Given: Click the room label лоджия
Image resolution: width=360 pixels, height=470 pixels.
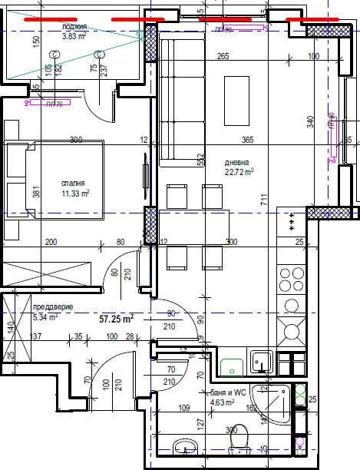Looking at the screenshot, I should [x=74, y=26].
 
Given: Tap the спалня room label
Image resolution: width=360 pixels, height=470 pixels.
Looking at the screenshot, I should [x=76, y=184].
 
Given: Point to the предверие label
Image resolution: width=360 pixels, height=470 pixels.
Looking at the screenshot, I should [x=53, y=306].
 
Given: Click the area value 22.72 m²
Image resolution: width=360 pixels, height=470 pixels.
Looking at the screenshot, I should [x=239, y=173].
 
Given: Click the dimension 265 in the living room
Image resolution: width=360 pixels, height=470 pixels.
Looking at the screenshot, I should [x=223, y=56].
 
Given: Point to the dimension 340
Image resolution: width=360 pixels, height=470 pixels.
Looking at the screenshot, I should [x=309, y=122].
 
